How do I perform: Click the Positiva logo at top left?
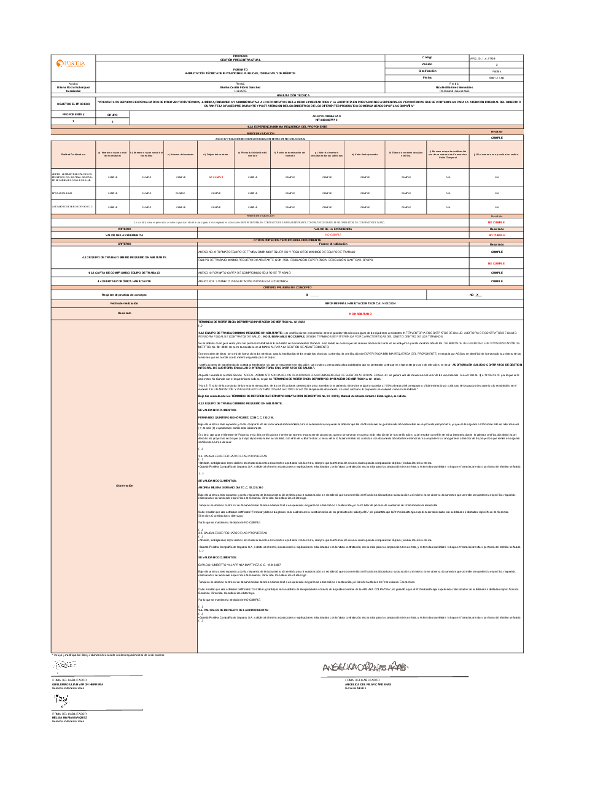coord(71,64)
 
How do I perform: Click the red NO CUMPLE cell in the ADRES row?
coord(216,177)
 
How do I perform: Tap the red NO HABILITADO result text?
coord(360,314)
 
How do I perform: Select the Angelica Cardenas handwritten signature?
coord(365,667)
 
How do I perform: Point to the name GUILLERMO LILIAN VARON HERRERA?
coord(77,684)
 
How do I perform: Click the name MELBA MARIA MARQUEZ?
coord(69,717)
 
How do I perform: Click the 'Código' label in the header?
coord(427,58)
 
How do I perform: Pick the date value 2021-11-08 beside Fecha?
coord(496,78)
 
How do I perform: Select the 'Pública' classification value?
coord(496,71)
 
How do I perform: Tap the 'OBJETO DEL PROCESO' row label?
coord(73,104)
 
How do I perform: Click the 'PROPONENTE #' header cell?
coord(73,115)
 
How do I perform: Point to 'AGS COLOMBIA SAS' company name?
coord(326,116)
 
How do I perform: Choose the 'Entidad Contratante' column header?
coord(73,155)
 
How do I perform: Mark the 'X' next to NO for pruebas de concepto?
coord(478,295)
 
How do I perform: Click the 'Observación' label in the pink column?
coord(124,485)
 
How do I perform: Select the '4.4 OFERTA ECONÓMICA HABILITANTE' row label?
coord(124,281)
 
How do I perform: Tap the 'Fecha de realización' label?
coord(124,304)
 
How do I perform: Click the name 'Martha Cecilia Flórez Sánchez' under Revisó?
coord(240,87)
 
